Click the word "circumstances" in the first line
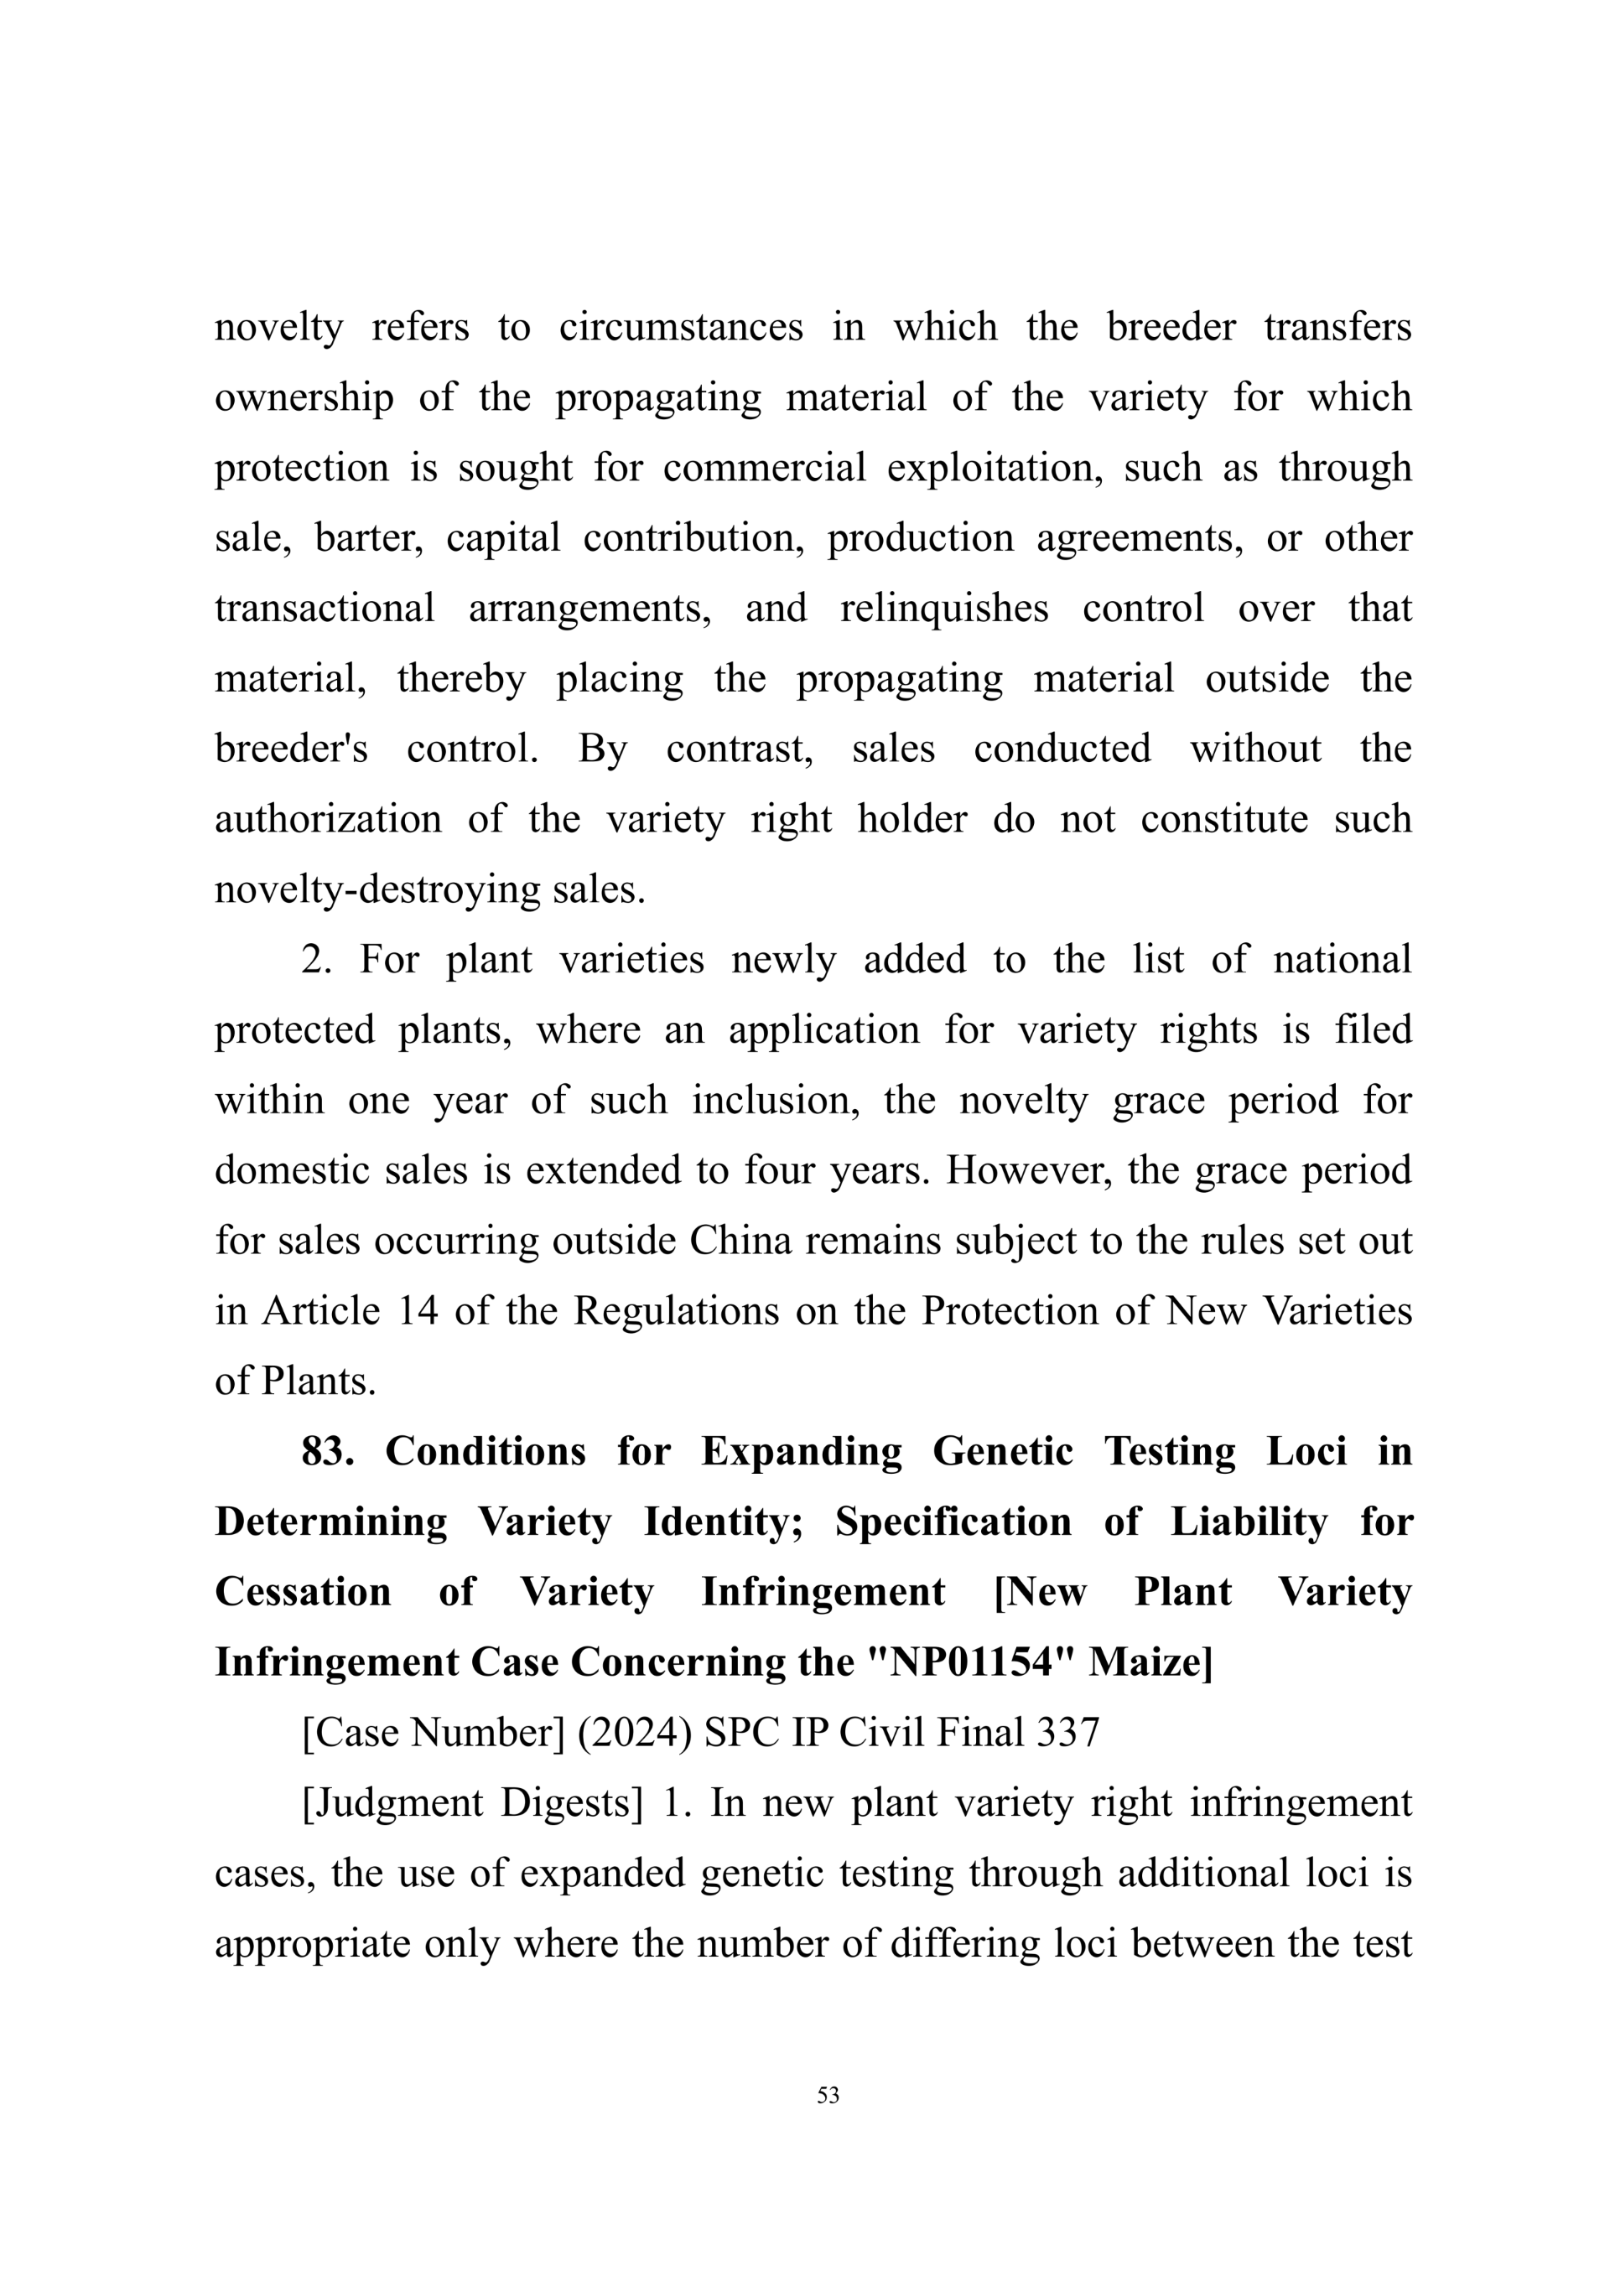[680, 327]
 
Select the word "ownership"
[304, 397]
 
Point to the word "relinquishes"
[944, 608]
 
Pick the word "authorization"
[327, 819]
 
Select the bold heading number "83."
[327, 1452]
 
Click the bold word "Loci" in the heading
[1306, 1452]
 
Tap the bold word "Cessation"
[303, 1593]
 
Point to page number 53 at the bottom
[828, 2096]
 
